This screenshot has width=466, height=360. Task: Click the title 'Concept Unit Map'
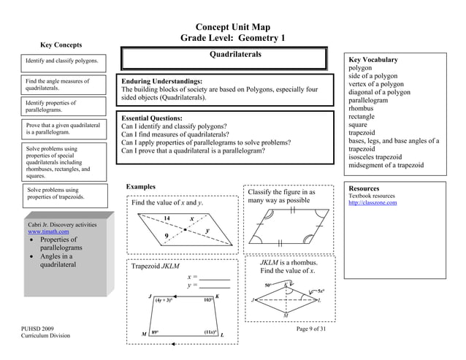point(233,27)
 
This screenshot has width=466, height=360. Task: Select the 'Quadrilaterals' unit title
point(233,55)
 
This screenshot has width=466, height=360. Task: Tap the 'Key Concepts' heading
point(61,45)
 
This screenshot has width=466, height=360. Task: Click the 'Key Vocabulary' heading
point(373,60)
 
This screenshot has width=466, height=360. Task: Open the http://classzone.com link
point(373,203)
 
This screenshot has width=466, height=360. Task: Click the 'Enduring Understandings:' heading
point(162,81)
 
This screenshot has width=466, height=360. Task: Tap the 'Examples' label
point(141,188)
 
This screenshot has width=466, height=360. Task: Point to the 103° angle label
point(208,300)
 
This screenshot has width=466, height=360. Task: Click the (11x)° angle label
point(210,332)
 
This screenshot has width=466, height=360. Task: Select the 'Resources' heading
point(365,188)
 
